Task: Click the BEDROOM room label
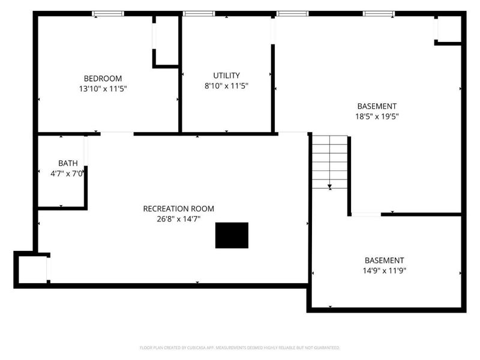(x=103, y=79)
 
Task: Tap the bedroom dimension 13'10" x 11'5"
(x=103, y=89)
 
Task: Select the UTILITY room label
(x=226, y=76)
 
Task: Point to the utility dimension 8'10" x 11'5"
(x=226, y=86)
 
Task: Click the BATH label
(x=68, y=163)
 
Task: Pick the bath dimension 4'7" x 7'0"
(x=68, y=173)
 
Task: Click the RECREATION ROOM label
(x=178, y=209)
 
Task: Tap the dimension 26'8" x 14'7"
(x=178, y=219)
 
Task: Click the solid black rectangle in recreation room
(x=232, y=235)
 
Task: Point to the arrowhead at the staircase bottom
(x=330, y=187)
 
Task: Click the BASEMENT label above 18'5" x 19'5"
(x=377, y=106)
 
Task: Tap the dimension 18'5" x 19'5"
(x=377, y=116)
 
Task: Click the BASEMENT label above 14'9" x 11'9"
(x=385, y=260)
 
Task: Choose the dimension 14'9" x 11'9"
(x=385, y=271)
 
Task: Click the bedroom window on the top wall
(x=108, y=13)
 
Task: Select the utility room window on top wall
(x=199, y=13)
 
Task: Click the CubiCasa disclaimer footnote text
(x=240, y=347)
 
